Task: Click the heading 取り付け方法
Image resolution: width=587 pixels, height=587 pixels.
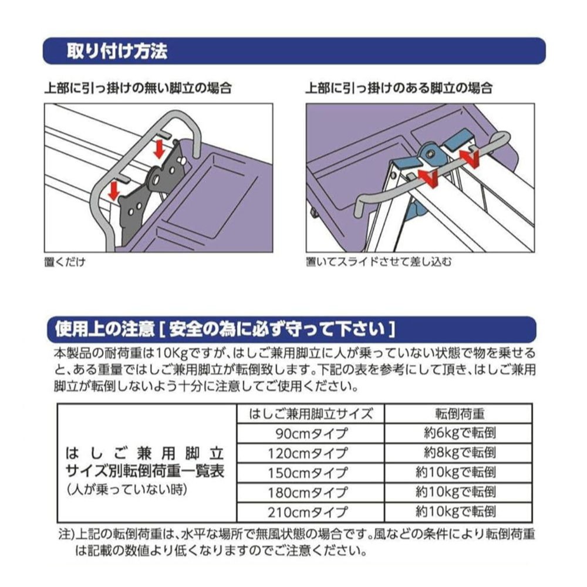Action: (x=117, y=51)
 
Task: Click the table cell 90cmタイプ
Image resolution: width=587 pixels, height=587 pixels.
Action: (x=311, y=434)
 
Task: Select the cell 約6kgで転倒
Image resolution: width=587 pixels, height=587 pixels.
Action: (x=458, y=434)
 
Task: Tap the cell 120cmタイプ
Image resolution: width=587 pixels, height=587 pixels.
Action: (x=311, y=453)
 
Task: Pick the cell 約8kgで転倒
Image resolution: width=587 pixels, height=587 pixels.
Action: (x=458, y=453)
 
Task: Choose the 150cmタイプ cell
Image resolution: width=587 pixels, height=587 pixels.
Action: (x=311, y=473)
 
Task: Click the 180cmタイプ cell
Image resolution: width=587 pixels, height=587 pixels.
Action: (x=311, y=492)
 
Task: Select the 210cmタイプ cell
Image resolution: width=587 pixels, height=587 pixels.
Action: (x=311, y=512)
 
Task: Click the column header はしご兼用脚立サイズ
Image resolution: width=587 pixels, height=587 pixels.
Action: (x=311, y=414)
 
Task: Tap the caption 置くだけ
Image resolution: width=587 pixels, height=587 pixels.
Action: (x=65, y=262)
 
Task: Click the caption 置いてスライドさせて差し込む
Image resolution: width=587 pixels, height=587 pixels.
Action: (x=379, y=262)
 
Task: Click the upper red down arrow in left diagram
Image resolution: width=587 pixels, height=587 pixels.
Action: (x=160, y=149)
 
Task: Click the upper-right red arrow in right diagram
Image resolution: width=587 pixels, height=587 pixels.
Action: (x=468, y=157)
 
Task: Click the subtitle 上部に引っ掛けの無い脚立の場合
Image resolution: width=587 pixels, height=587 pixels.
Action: (x=138, y=88)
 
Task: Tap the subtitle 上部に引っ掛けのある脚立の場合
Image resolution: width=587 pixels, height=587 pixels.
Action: (x=399, y=88)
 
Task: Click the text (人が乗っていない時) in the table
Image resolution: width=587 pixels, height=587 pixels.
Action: (x=127, y=490)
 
